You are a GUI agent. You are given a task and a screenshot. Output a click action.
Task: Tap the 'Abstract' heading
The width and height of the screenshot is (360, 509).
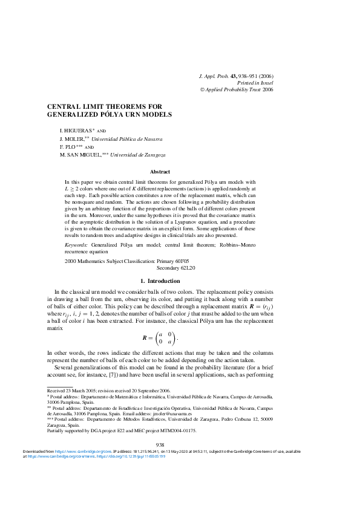160,172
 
